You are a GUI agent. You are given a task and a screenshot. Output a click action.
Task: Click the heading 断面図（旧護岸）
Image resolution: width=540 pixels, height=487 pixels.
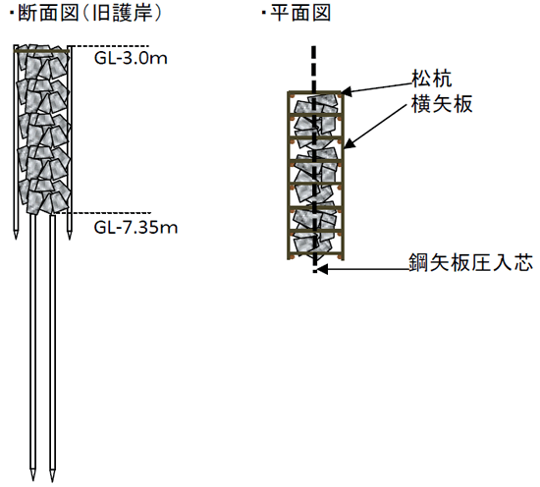pyautogui.click(x=89, y=14)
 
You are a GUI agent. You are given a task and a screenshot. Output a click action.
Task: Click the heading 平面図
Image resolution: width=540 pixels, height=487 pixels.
pyautogui.click(x=300, y=14)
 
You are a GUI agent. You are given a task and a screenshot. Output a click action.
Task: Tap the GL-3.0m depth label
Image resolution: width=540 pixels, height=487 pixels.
pyautogui.click(x=131, y=58)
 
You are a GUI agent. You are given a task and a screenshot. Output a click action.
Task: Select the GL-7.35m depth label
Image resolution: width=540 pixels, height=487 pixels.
pyautogui.click(x=135, y=228)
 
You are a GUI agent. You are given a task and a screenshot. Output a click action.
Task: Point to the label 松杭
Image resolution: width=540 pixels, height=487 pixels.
pyautogui.click(x=432, y=79)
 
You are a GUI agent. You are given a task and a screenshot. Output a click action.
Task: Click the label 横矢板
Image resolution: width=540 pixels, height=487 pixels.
pyautogui.click(x=442, y=103)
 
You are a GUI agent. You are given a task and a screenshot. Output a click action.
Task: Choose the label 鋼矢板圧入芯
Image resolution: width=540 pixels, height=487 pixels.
pyautogui.click(x=470, y=262)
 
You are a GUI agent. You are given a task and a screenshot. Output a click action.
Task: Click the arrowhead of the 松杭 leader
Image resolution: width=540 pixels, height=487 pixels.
pyautogui.click(x=346, y=91)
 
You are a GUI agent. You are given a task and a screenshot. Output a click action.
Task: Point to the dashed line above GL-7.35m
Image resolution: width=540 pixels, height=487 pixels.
pyautogui.click(x=103, y=213)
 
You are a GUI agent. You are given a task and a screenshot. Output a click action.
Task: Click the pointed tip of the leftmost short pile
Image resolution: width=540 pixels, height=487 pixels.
pyautogui.click(x=16, y=239)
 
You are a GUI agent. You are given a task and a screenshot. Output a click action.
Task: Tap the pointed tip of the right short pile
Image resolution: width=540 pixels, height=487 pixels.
pyautogui.click(x=70, y=239)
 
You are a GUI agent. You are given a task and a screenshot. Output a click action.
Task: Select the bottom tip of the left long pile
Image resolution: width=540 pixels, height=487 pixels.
pyautogui.click(x=32, y=481)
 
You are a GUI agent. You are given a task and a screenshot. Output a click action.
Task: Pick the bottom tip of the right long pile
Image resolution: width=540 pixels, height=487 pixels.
pyautogui.click(x=52, y=481)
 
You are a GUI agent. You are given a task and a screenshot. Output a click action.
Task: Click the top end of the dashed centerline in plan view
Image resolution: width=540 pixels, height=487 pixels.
pyautogui.click(x=313, y=46)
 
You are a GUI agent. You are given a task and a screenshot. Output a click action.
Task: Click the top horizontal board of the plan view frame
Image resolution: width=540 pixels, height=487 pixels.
pyautogui.click(x=315, y=92)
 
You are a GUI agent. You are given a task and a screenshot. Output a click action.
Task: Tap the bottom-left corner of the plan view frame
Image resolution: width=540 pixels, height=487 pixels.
pyautogui.click(x=288, y=259)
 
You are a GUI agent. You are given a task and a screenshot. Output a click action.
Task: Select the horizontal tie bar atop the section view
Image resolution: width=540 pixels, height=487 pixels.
pyautogui.click(x=41, y=52)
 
